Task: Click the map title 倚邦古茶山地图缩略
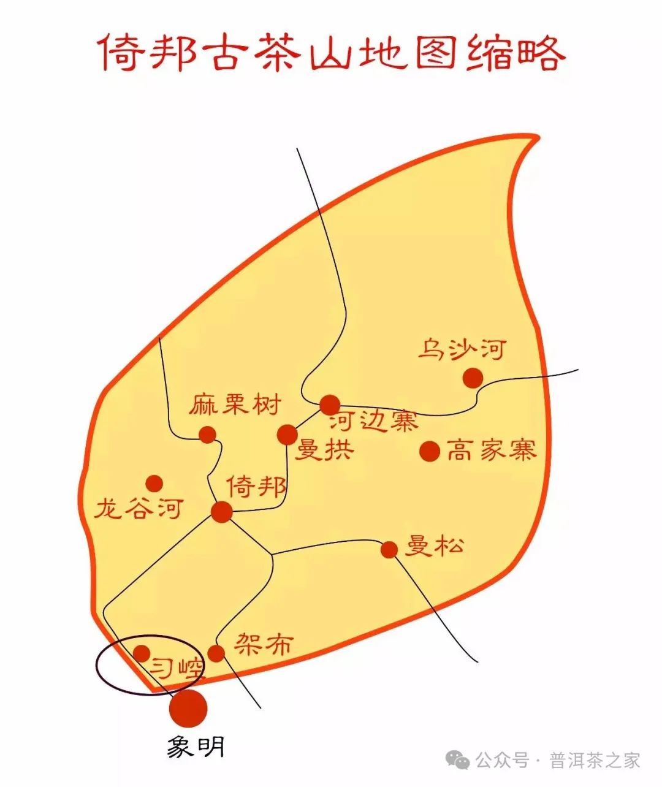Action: point(331,53)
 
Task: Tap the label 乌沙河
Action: point(463,349)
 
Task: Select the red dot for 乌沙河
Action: point(473,378)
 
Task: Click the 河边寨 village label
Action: point(373,422)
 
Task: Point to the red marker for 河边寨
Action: point(330,405)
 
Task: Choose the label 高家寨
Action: point(491,451)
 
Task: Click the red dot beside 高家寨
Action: point(430,451)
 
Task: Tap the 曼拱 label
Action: point(324,451)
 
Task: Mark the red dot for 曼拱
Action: point(287,435)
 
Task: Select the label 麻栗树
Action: point(234,405)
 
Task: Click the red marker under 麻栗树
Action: point(208,435)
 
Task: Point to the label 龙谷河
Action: point(139,508)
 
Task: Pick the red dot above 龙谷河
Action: point(154,483)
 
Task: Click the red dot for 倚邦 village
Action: point(222,512)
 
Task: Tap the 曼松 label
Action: point(434,545)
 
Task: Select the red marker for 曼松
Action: point(389,549)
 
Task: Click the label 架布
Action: point(264,644)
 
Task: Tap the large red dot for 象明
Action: point(188,708)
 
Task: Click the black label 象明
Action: point(196,747)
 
